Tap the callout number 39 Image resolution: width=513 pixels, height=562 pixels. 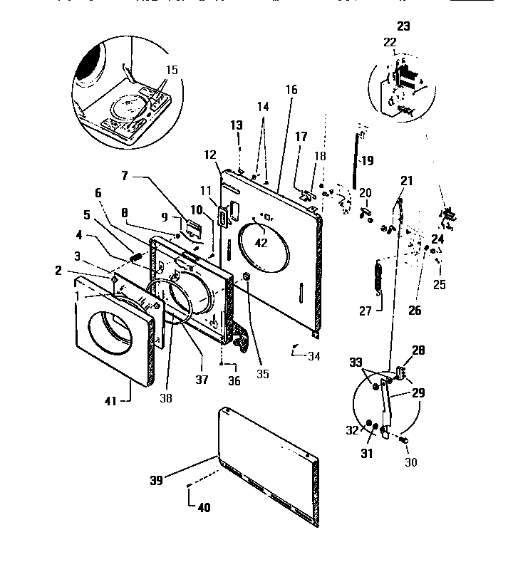coord(157,480)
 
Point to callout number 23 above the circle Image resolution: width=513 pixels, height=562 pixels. coord(403,26)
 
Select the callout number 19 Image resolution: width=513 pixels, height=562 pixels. coord(366,161)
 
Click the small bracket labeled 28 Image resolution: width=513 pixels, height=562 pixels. coord(400,371)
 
